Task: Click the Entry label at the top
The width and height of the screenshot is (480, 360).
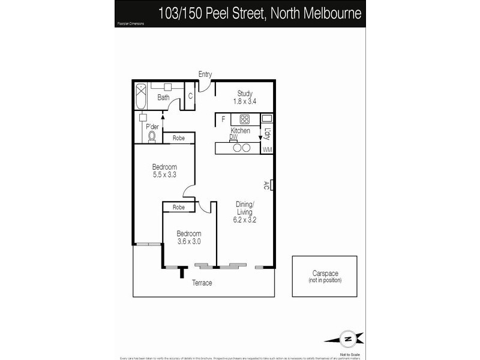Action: (205, 74)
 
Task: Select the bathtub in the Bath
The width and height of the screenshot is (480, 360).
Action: (141, 96)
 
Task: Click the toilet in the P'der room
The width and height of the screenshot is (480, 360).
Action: (152, 136)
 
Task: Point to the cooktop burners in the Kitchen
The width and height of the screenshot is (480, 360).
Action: (244, 119)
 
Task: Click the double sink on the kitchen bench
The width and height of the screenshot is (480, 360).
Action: (241, 148)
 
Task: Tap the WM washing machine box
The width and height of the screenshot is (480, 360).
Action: (267, 149)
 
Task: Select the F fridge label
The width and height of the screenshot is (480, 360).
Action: (223, 119)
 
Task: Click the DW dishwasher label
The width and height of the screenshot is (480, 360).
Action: (233, 137)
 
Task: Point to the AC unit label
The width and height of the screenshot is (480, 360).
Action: (266, 185)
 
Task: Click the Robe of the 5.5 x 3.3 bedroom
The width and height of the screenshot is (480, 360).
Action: (178, 138)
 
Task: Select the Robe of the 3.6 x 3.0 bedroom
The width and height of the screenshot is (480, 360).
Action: (178, 208)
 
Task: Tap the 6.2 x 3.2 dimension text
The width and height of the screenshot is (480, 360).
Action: (245, 220)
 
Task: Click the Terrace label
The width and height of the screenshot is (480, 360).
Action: (202, 283)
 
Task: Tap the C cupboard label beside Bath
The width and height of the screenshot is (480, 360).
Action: (190, 97)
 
